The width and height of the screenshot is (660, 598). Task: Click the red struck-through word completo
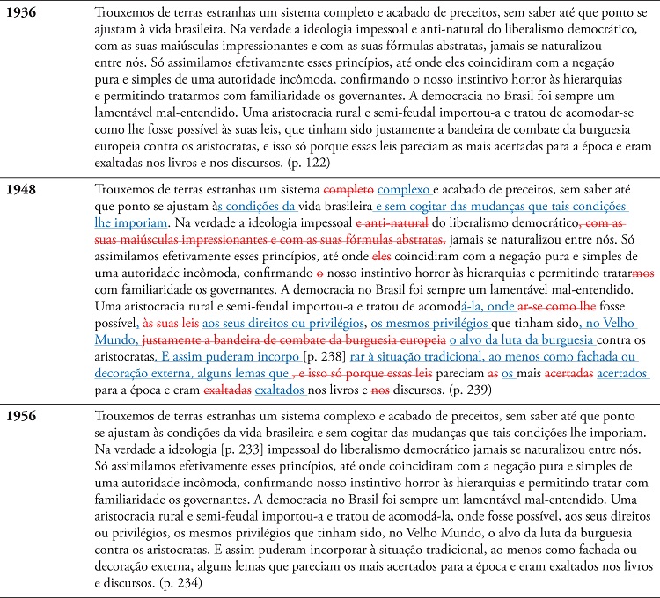point(348,189)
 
